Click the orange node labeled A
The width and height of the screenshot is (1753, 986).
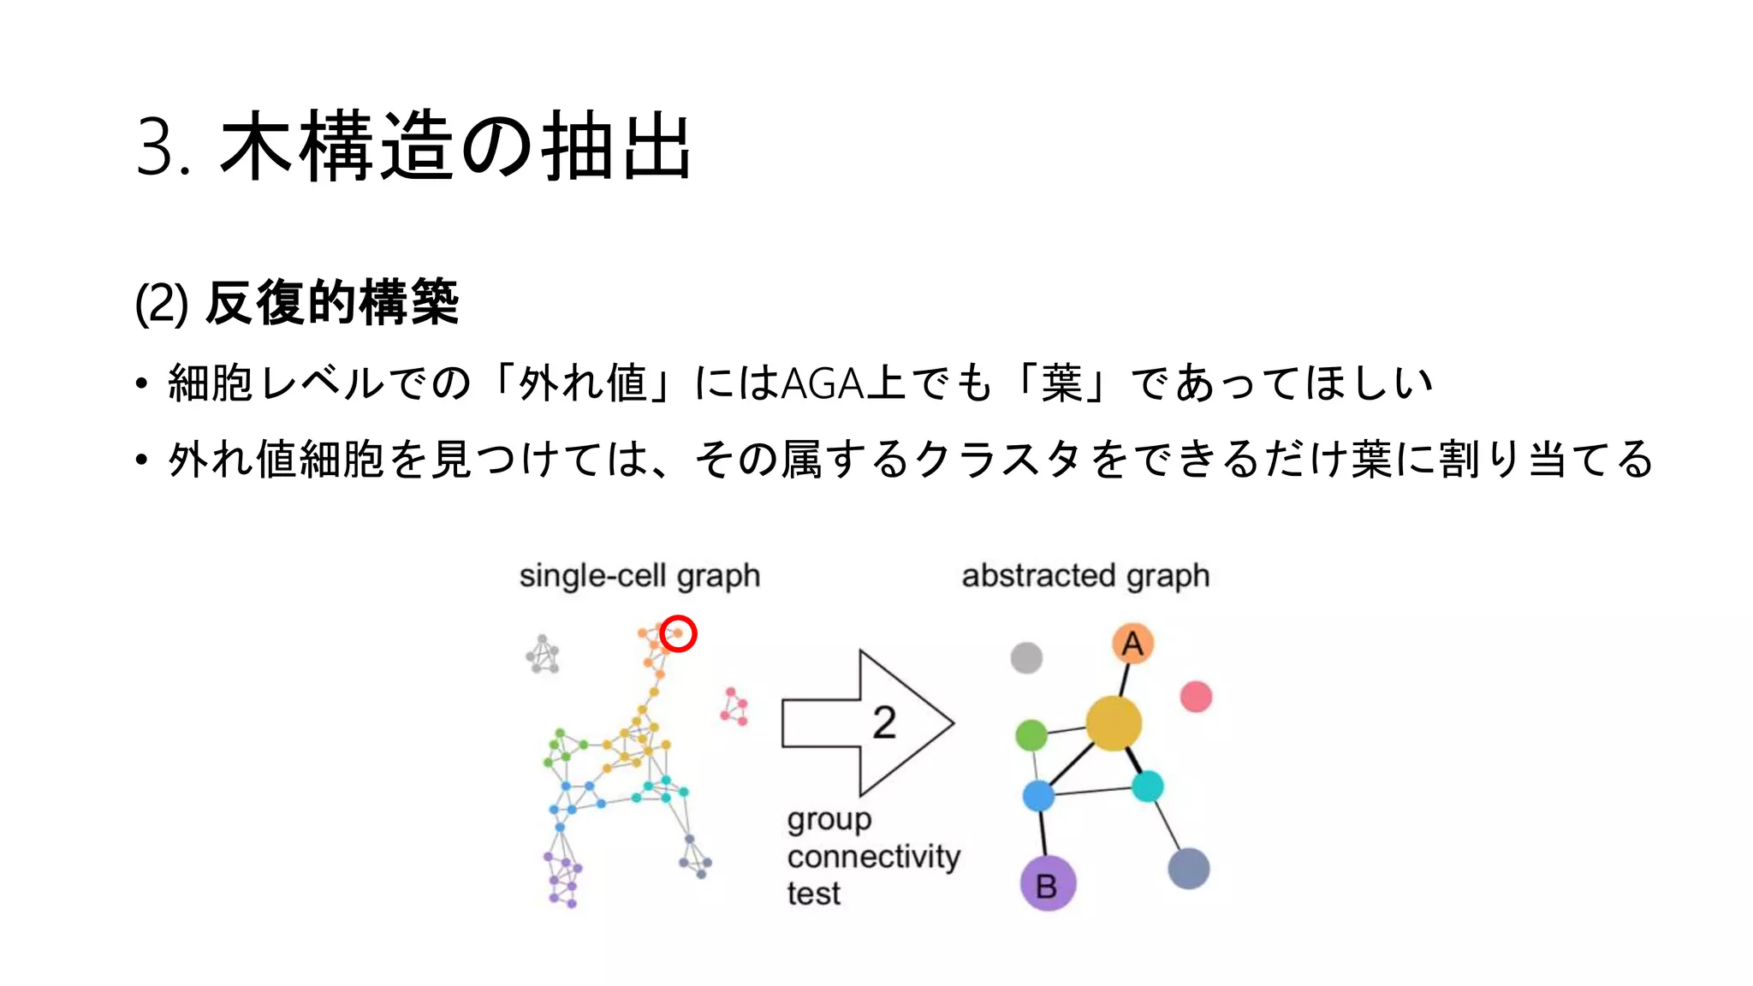coord(1132,644)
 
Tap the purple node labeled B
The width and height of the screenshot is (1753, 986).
coord(1048,883)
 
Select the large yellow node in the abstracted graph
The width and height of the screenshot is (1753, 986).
coord(1113,723)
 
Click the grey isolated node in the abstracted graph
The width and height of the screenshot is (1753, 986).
coord(1026,658)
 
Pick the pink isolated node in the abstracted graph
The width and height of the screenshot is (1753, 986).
coord(1196,697)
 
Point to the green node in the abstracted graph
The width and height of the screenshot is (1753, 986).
coord(1031,734)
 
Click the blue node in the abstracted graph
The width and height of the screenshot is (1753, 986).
coord(1038,795)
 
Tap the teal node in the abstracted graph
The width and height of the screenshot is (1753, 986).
coord(1147,786)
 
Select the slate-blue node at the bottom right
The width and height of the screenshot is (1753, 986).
coord(1189,868)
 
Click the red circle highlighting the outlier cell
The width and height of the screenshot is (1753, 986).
coord(678,633)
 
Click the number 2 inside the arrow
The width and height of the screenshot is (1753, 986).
coord(884,723)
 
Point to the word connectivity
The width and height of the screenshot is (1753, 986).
coord(873,857)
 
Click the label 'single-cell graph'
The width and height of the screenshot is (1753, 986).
coord(639,576)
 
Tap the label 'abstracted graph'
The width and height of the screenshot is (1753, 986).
coord(1085,576)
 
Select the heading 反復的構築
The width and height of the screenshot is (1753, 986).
coord(332,303)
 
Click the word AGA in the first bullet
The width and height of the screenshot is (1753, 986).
coord(823,383)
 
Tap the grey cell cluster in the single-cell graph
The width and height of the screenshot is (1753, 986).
coord(543,655)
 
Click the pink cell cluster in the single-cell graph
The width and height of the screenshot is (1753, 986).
coord(734,707)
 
